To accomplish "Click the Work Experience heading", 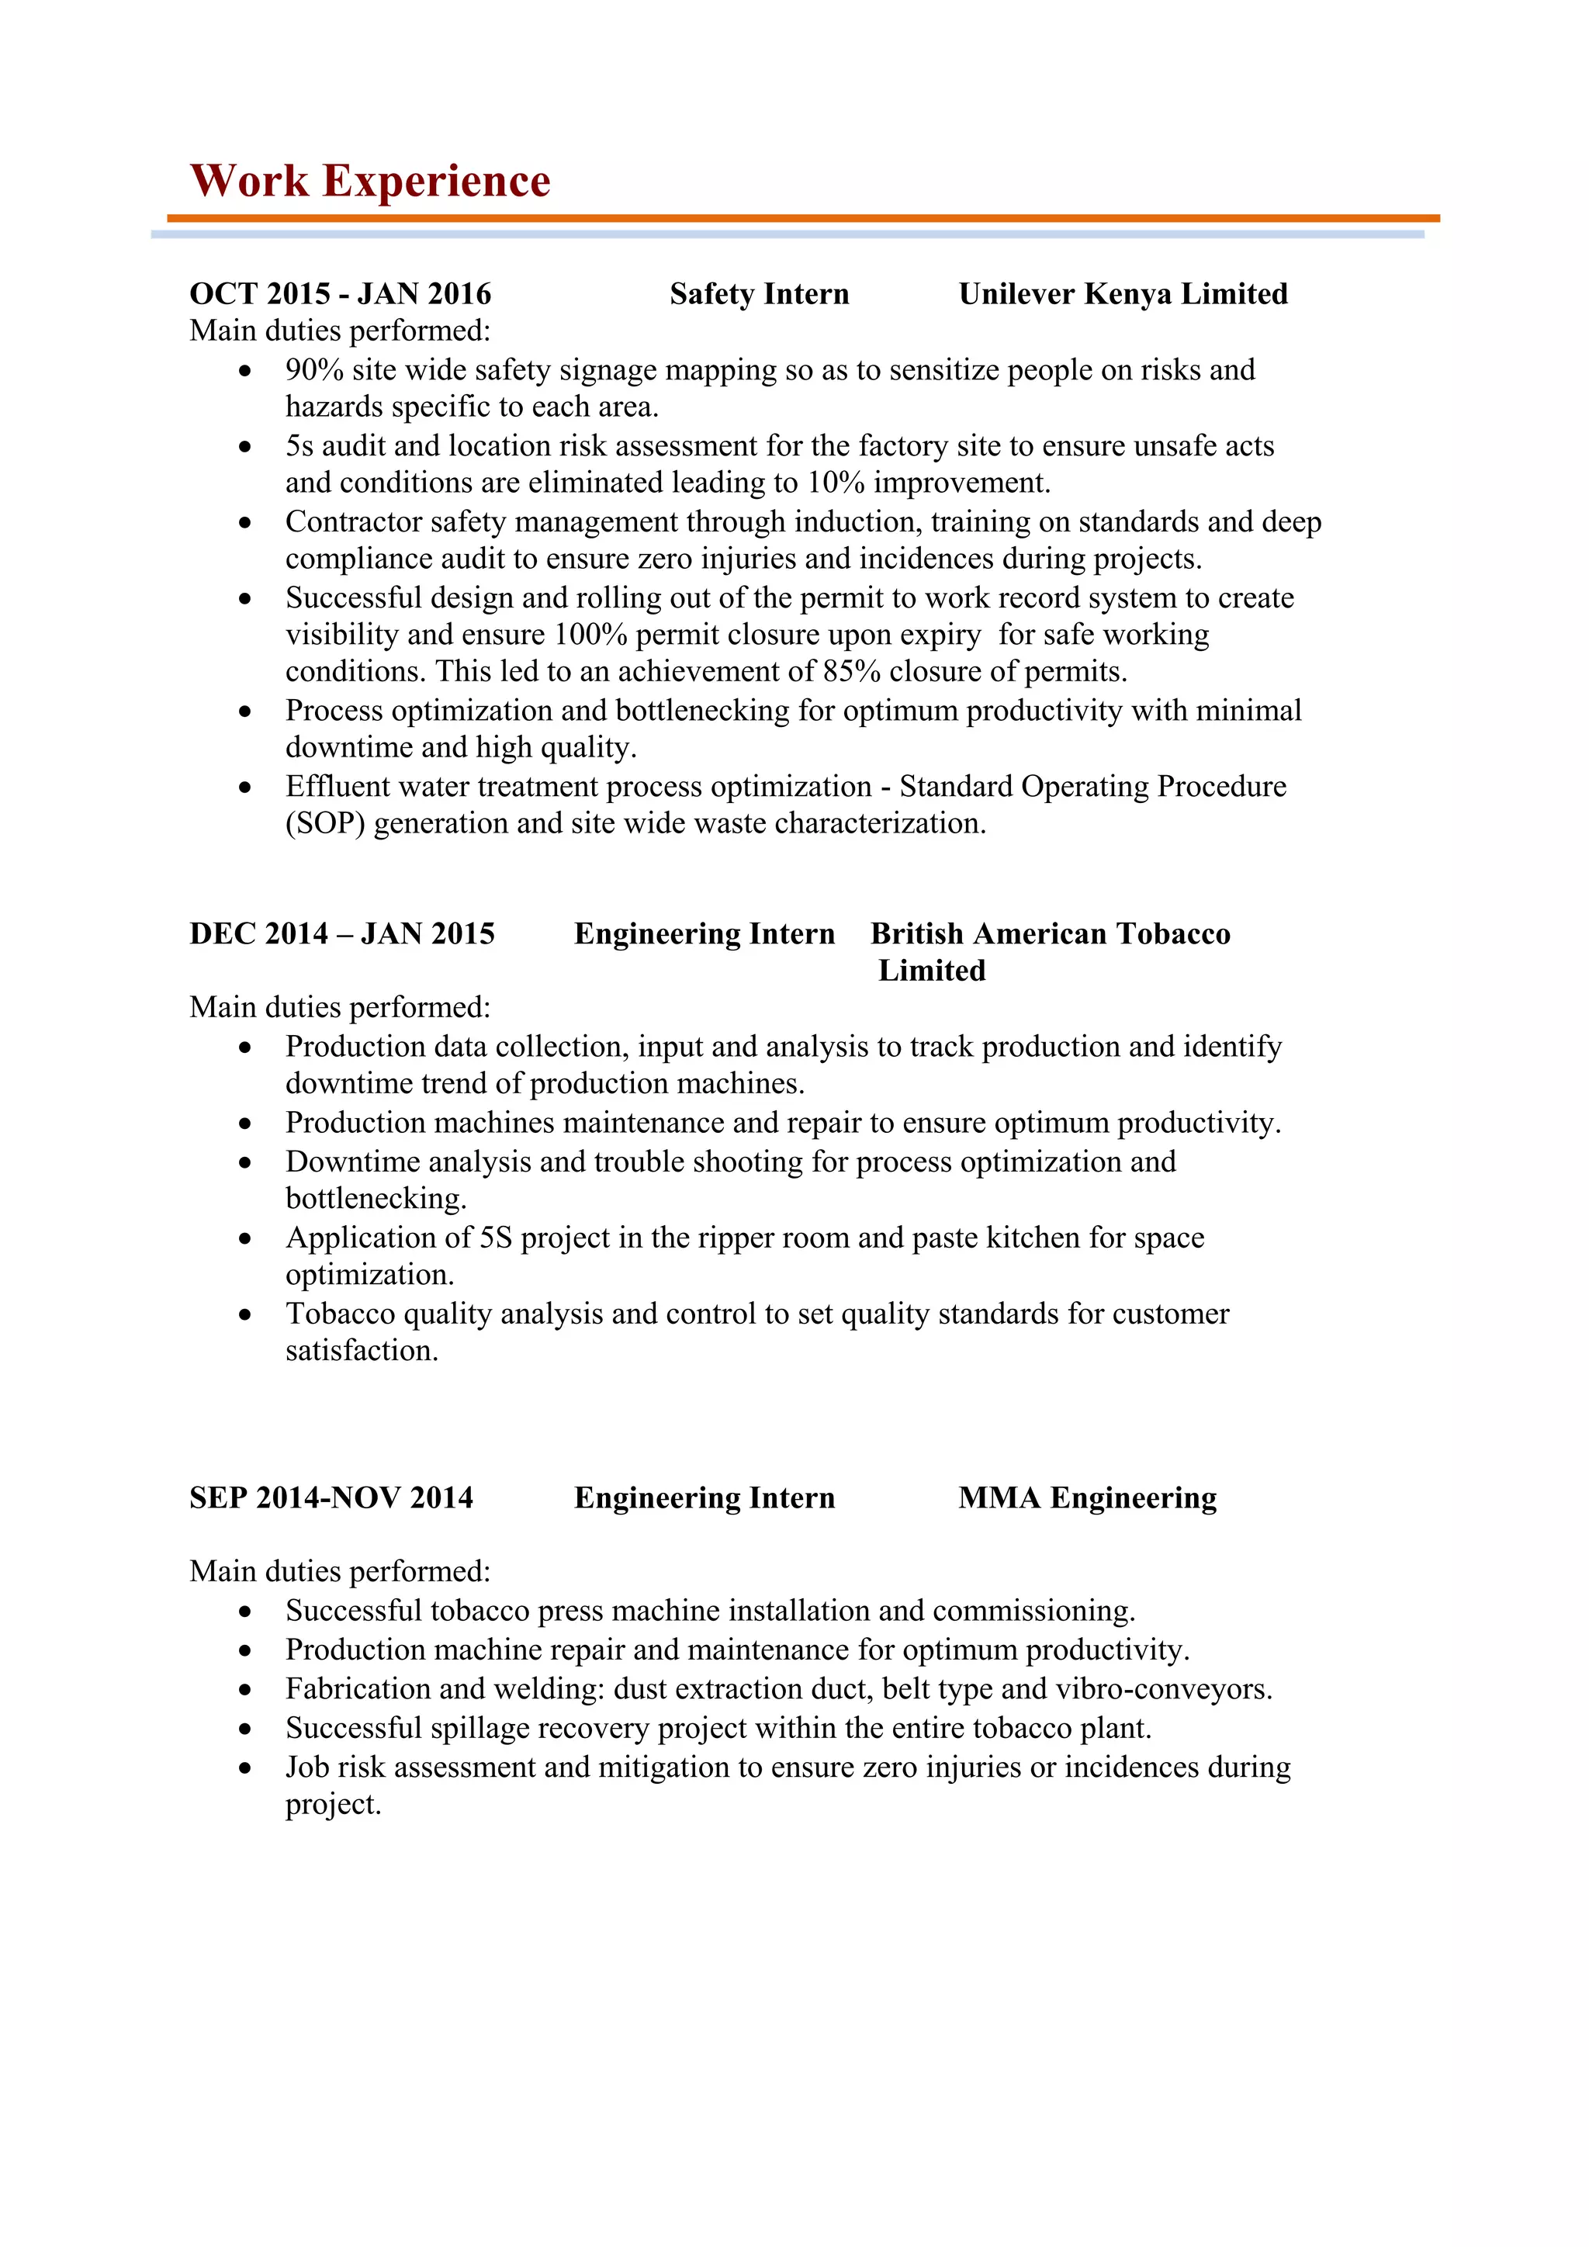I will pyautogui.click(x=370, y=181).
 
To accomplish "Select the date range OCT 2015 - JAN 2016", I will pyautogui.click(x=341, y=293).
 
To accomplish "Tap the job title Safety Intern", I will pyautogui.click(x=760, y=293).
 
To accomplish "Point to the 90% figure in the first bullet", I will pyautogui.click(x=314, y=370).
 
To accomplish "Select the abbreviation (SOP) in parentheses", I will pyautogui.click(x=325, y=824).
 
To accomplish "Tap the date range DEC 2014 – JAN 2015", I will pyautogui.click(x=341, y=933).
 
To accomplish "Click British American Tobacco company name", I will pyautogui.click(x=1050, y=933).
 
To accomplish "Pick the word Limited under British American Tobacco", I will pyautogui.click(x=932, y=971).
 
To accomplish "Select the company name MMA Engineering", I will pyautogui.click(x=1087, y=1498).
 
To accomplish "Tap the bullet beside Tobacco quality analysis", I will pyautogui.click(x=244, y=1314).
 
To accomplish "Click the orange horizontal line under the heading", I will pyautogui.click(x=802, y=218).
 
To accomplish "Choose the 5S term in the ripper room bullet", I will pyautogui.click(x=496, y=1238).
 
